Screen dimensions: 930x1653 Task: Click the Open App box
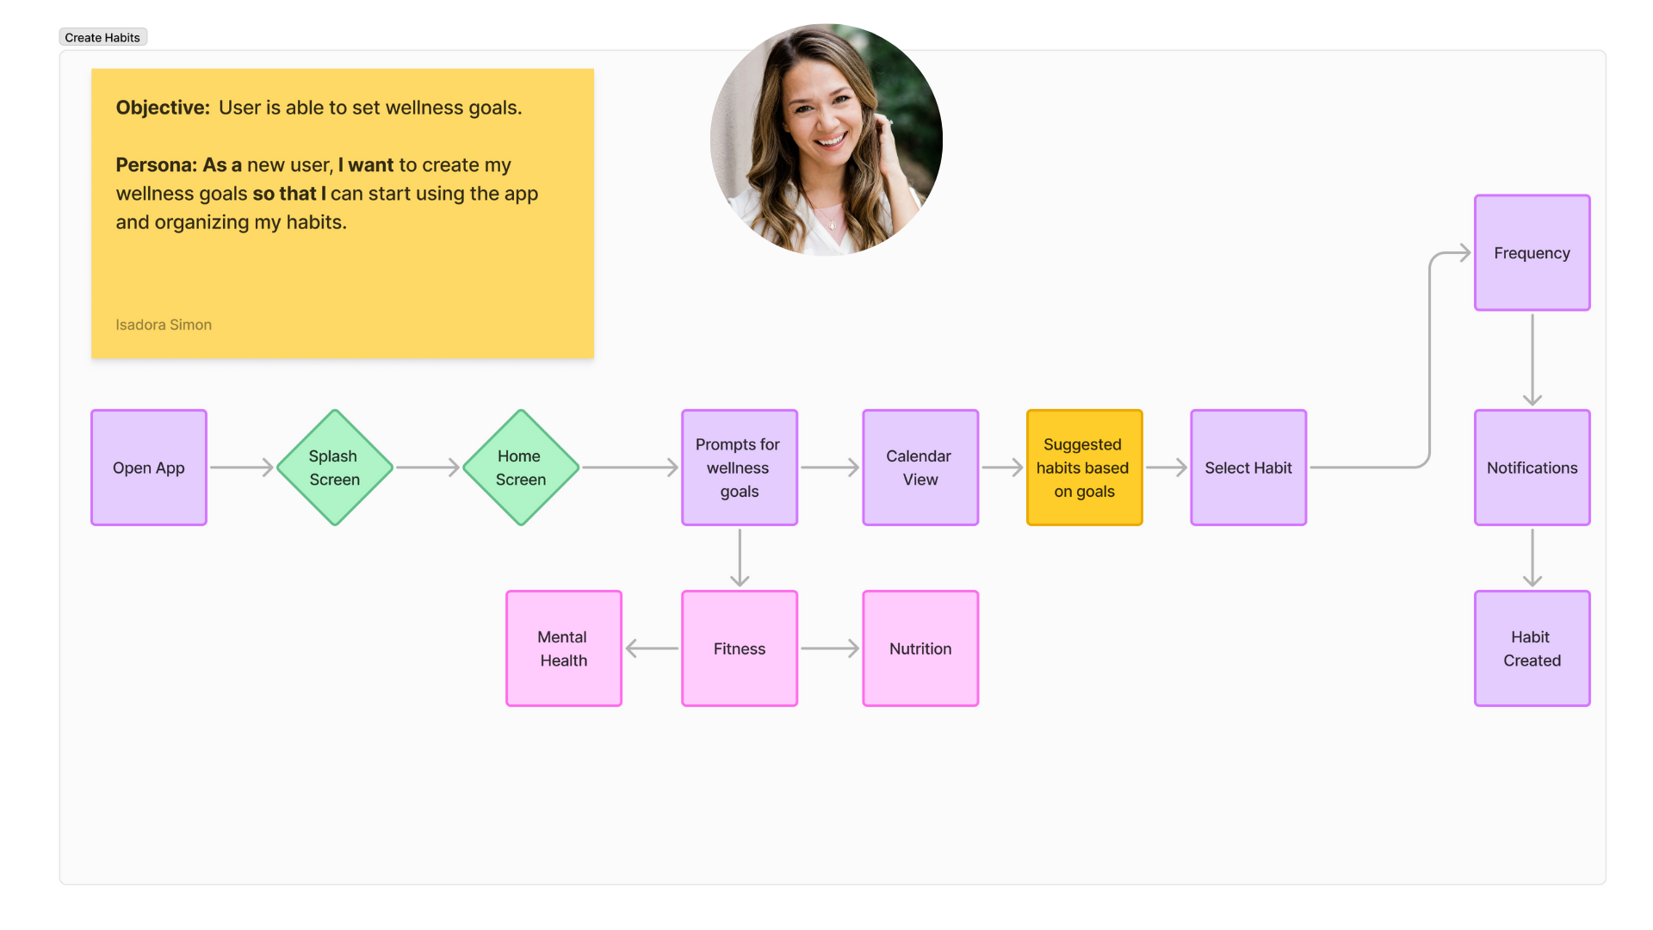(149, 468)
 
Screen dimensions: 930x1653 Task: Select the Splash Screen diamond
(334, 468)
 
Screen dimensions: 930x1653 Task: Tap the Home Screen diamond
(520, 468)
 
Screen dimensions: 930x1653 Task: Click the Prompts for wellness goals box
(739, 468)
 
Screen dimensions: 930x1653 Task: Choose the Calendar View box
(919, 468)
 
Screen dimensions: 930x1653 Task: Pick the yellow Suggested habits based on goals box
(1084, 468)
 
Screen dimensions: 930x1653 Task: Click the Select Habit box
(1247, 468)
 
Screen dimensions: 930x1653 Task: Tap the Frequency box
(1532, 253)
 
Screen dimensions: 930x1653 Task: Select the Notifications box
(1532, 468)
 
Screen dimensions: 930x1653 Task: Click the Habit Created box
(1532, 648)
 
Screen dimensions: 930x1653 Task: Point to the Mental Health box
(563, 648)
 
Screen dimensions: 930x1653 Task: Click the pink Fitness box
(739, 648)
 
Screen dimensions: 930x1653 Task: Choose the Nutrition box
(919, 648)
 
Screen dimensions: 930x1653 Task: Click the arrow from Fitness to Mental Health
(652, 648)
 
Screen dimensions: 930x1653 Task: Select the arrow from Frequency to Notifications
(1532, 359)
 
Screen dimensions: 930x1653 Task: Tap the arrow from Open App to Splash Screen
(241, 468)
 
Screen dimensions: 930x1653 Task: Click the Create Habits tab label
(102, 38)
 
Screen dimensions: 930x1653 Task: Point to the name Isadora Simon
(164, 325)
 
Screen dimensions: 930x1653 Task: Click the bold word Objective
(163, 108)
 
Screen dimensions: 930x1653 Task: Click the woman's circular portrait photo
(826, 139)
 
